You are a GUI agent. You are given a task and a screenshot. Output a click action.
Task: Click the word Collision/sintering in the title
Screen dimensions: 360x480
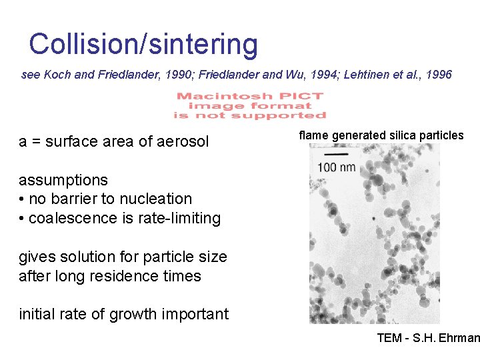(143, 45)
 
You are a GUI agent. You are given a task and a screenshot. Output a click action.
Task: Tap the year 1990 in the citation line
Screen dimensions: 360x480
(157, 75)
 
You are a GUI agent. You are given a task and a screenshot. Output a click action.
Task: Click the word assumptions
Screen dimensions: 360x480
(63, 180)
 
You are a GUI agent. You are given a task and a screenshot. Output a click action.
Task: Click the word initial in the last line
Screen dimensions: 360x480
(39, 314)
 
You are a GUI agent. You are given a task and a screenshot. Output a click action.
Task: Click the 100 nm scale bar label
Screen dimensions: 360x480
(336, 166)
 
